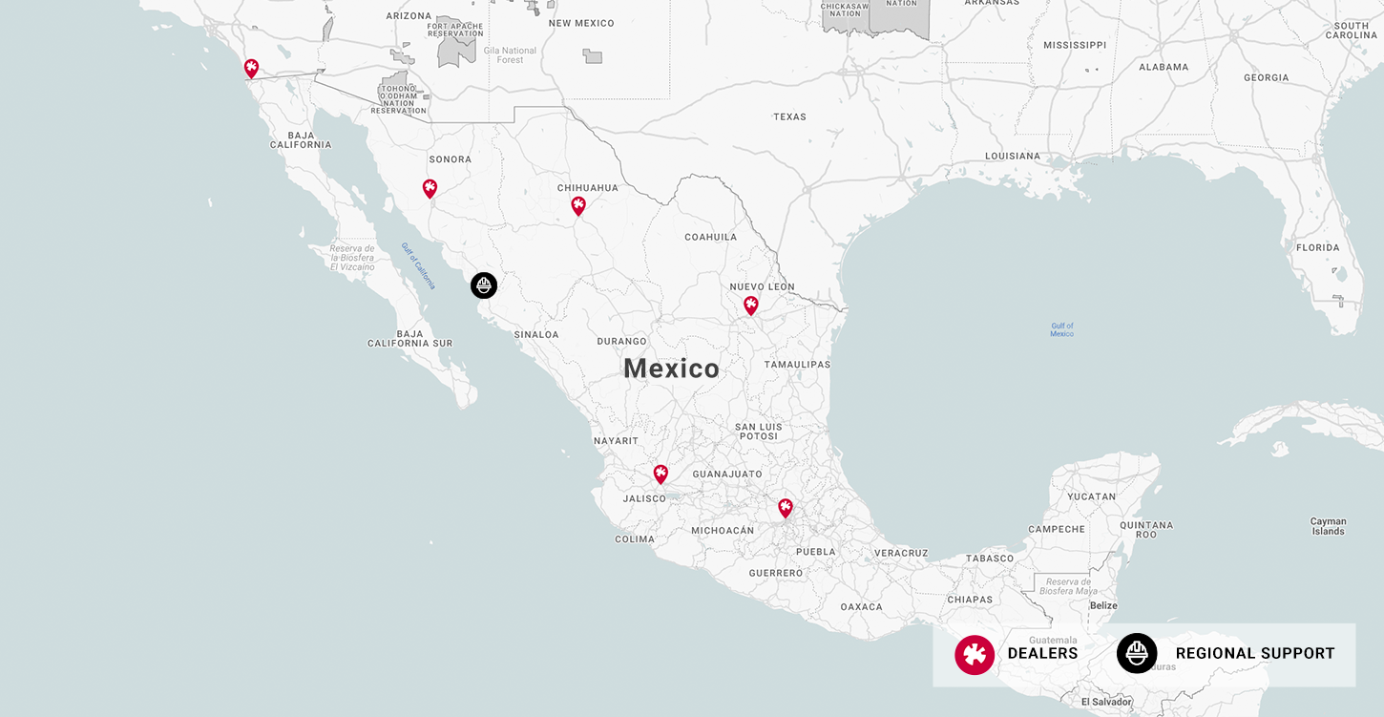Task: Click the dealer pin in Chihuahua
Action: pyautogui.click(x=578, y=205)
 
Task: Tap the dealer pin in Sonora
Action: pyautogui.click(x=430, y=188)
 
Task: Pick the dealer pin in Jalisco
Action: pyautogui.click(x=661, y=474)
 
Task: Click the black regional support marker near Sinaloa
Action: pyautogui.click(x=484, y=285)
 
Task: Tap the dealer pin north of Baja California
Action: pyautogui.click(x=251, y=68)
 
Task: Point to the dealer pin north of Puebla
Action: pyautogui.click(x=786, y=508)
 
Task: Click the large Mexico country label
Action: pyautogui.click(x=671, y=369)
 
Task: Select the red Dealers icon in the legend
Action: pyautogui.click(x=975, y=654)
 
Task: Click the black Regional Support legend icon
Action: pyautogui.click(x=1137, y=654)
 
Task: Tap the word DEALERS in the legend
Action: pyautogui.click(x=1042, y=654)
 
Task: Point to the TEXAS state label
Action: pyautogui.click(x=789, y=116)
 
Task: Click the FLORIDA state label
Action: pyautogui.click(x=1318, y=247)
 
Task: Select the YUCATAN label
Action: pyautogui.click(x=1091, y=496)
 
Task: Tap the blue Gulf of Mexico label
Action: pyautogui.click(x=1061, y=329)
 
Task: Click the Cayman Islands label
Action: pyautogui.click(x=1328, y=526)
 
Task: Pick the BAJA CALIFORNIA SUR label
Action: pyautogui.click(x=410, y=338)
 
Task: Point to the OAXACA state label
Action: pyautogui.click(x=862, y=606)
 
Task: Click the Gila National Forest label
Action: pyautogui.click(x=511, y=55)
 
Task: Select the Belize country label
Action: pyautogui.click(x=1103, y=605)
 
